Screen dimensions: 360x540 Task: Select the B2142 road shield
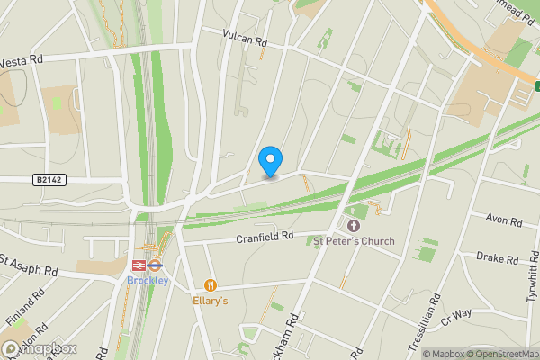point(51,180)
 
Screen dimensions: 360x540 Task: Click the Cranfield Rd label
point(265,238)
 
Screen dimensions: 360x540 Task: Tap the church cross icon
point(353,225)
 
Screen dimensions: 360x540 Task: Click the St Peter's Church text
point(353,241)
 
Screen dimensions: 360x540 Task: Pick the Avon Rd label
point(503,220)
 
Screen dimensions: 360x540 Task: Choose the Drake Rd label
point(497,259)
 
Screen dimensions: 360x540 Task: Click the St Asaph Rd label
point(27,265)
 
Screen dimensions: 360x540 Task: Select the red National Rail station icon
point(139,265)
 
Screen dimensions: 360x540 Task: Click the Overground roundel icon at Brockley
point(154,265)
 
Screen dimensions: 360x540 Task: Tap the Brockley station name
point(147,280)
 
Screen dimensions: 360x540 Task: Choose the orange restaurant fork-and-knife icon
point(211,285)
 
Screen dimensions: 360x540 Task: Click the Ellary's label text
point(211,301)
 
